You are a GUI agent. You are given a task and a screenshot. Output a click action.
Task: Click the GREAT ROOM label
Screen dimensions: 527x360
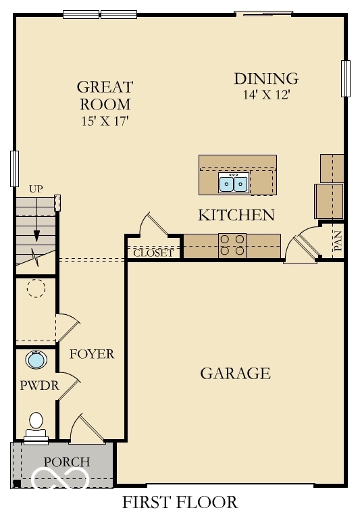105,95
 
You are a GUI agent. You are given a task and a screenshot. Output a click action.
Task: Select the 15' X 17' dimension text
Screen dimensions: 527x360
105,122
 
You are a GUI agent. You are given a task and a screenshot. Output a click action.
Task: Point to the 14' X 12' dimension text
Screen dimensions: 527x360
265,95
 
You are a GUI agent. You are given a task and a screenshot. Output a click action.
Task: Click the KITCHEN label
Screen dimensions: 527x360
236,216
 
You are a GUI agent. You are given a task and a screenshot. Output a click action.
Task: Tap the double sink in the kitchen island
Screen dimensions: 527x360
234,182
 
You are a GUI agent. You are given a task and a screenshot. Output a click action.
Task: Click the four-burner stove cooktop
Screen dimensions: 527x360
232,245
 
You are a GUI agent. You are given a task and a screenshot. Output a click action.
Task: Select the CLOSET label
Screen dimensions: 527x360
153,254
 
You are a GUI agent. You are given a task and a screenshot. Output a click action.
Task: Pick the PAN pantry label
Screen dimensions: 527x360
338,241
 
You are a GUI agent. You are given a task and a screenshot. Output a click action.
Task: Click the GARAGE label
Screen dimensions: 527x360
235,373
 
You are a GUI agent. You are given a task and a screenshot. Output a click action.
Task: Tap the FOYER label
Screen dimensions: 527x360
92,354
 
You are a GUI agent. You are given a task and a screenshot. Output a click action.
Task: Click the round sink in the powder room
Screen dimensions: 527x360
36,359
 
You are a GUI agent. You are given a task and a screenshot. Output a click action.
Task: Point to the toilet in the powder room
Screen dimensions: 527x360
36,426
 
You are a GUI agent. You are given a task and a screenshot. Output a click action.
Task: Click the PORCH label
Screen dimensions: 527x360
67,462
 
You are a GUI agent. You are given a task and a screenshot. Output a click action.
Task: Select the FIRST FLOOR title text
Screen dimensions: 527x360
180,503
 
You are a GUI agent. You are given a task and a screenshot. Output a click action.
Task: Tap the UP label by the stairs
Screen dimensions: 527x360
36,189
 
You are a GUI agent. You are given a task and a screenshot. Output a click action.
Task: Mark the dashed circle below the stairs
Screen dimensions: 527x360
35,289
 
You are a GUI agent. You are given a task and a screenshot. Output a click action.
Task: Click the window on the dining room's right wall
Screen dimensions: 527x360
346,78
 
